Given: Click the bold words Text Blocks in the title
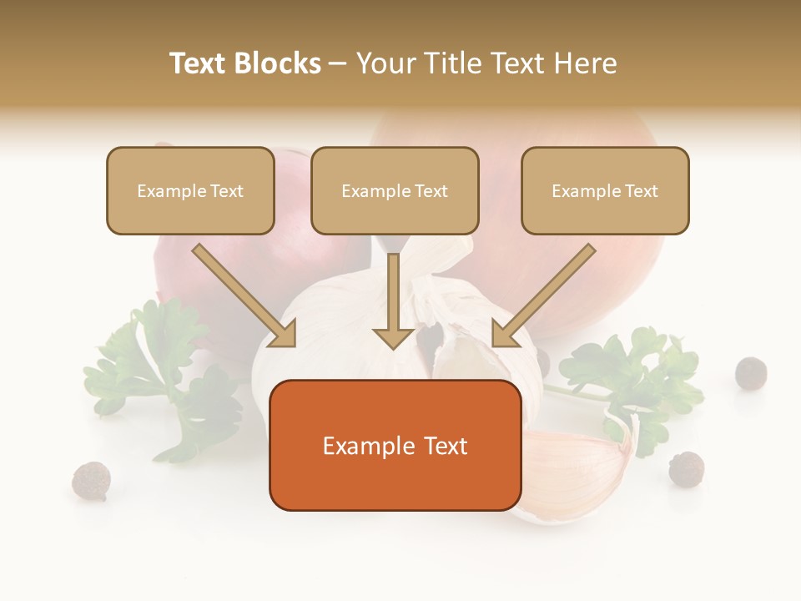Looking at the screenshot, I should point(244,63).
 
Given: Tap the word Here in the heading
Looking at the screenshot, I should point(587,63).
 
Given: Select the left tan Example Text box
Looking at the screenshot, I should point(190,190).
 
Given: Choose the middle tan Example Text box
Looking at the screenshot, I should point(395,190).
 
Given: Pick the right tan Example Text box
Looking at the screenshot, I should point(605,190).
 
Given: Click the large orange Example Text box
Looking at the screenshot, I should point(395,446).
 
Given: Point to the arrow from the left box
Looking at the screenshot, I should point(244,296).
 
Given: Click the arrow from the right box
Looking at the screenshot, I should point(543,296).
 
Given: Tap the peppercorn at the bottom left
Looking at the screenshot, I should point(91,481).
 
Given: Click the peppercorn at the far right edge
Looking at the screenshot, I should point(751,373).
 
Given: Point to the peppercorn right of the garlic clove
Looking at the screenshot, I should point(686,468).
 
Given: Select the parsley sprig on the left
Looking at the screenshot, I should point(159,376).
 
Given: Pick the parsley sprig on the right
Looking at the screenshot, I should point(634,376).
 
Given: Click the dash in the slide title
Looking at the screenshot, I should point(338,63).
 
